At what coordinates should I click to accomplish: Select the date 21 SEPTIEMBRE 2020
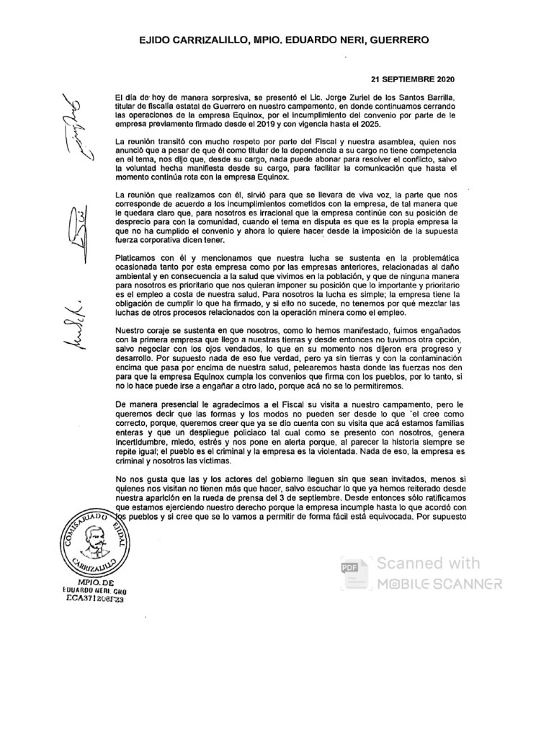click(x=412, y=79)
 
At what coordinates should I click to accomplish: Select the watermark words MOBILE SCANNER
click(x=438, y=582)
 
